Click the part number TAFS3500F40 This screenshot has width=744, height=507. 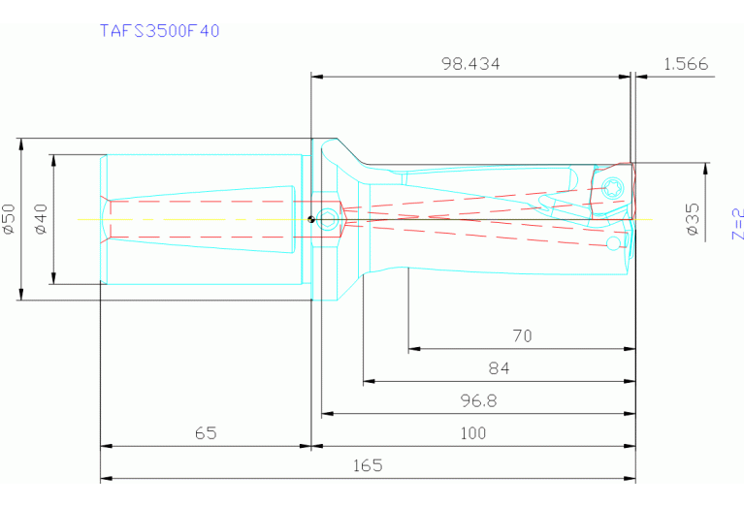point(160,30)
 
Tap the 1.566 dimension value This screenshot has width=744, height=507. point(686,64)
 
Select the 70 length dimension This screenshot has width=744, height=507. point(522,336)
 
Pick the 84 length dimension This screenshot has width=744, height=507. point(500,368)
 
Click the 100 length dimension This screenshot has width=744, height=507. point(472,433)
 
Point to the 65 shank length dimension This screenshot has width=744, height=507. point(205,433)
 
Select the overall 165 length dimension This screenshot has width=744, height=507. point(367,465)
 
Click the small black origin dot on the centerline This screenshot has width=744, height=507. point(310,218)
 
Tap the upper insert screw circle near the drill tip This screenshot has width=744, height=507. point(611,187)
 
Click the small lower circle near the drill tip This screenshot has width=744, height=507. point(611,245)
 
